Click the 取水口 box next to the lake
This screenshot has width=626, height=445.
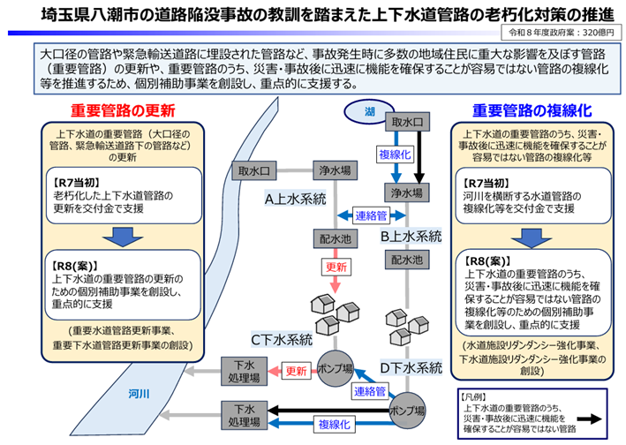[407, 122]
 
